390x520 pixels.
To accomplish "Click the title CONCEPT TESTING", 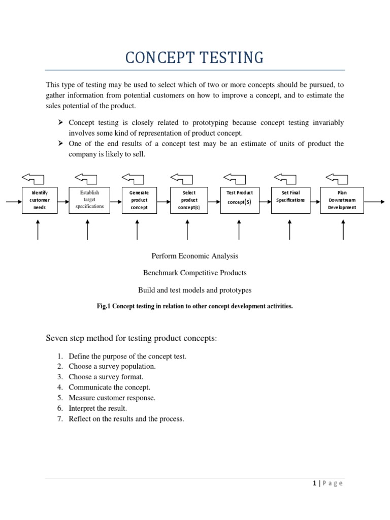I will (x=194, y=58).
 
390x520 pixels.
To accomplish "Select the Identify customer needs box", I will (x=40, y=200).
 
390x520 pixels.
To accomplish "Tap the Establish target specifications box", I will (x=89, y=200).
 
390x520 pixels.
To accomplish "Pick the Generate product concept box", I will (x=139, y=200).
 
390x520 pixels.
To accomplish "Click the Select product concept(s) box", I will (x=189, y=200).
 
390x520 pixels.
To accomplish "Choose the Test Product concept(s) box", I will (x=240, y=200).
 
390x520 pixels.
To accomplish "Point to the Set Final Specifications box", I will (x=290, y=200).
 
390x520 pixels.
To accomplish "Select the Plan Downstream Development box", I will (x=342, y=200).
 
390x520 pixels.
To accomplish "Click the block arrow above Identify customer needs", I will (x=33, y=178).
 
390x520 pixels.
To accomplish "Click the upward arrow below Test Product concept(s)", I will (x=239, y=230).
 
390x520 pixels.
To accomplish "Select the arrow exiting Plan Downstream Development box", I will (x=374, y=202).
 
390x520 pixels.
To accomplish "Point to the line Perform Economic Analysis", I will (x=194, y=256).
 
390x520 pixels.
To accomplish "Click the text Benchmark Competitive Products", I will (x=194, y=273).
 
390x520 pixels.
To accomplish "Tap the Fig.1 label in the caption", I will (x=104, y=306).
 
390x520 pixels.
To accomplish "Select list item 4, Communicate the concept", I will (x=109, y=387).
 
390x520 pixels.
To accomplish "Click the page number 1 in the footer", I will (x=315, y=483).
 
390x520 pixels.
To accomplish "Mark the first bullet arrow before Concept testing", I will (x=60, y=123).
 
